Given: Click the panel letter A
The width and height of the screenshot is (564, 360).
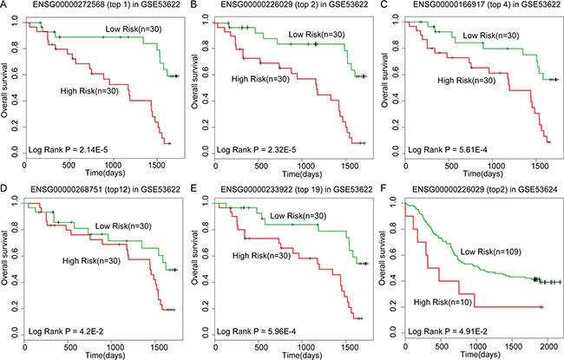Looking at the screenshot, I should pyautogui.click(x=5, y=6).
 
